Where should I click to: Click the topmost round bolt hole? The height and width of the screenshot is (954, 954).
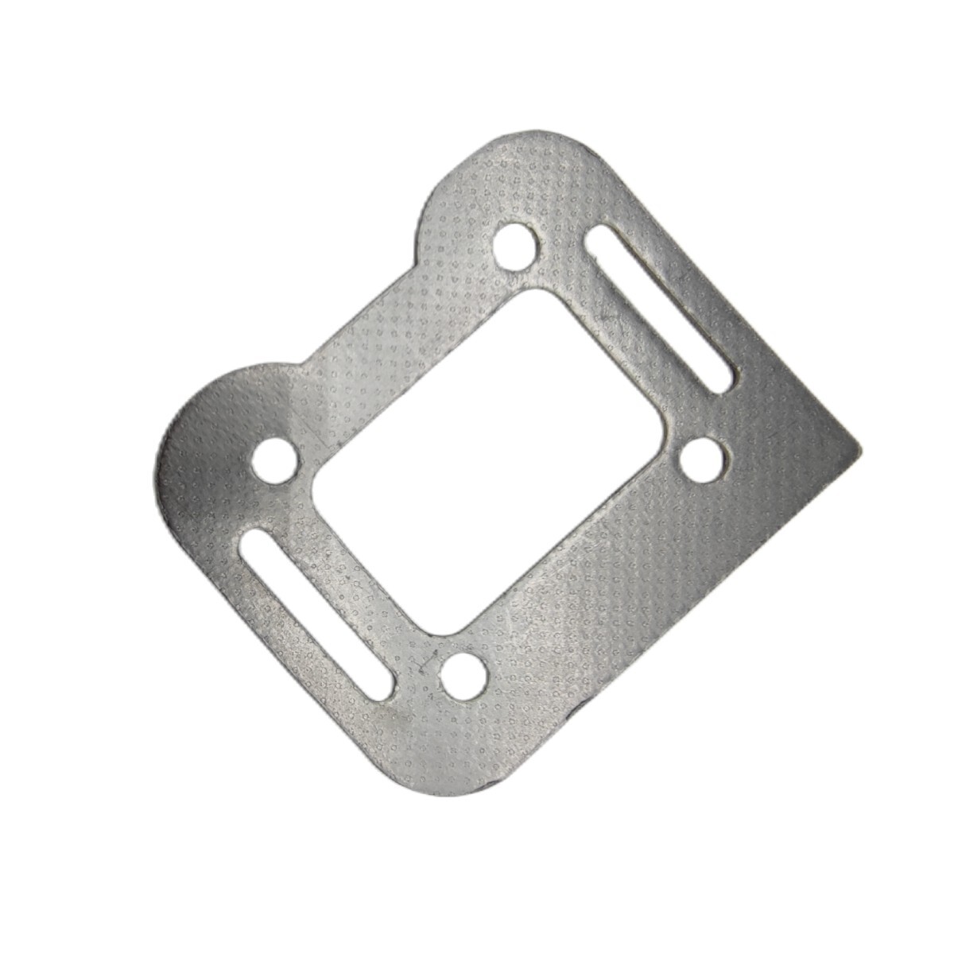click(x=514, y=245)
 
